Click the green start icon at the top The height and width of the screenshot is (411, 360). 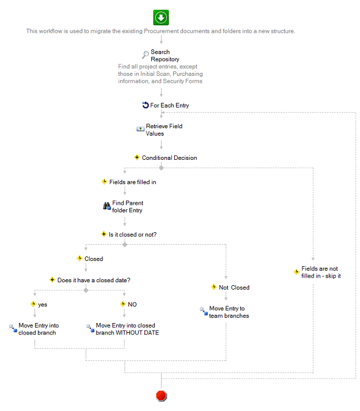(160, 18)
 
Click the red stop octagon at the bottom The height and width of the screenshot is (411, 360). (161, 395)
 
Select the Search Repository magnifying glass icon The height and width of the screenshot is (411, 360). (145, 55)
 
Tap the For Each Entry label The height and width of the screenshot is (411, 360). (170, 105)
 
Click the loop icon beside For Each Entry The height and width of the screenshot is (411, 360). (145, 105)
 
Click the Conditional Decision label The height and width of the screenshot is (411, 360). (170, 158)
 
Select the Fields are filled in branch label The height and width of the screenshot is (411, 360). (133, 182)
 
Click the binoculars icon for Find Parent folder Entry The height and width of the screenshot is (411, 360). (107, 206)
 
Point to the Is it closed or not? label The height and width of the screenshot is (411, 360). (133, 235)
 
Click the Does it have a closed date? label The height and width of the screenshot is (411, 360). (94, 280)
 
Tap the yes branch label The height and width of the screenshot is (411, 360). (43, 305)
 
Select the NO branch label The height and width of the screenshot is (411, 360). (132, 304)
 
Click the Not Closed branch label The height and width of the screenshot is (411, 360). (234, 287)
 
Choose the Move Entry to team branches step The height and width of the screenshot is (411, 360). (229, 312)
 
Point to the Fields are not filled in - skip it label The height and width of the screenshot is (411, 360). (321, 272)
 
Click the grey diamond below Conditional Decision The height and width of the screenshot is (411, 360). (161, 168)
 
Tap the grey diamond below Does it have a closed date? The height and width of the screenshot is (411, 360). (86, 290)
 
